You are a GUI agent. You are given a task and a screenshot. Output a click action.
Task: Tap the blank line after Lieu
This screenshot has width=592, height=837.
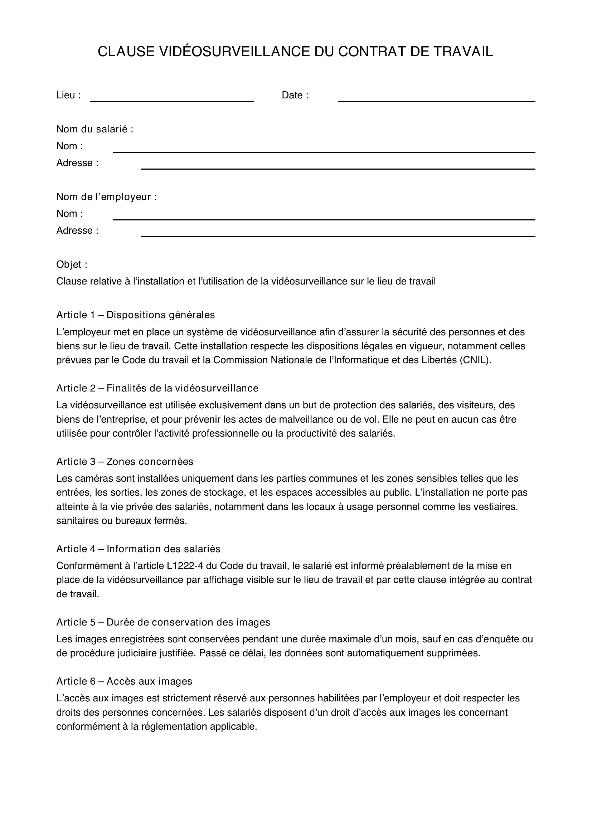[172, 100]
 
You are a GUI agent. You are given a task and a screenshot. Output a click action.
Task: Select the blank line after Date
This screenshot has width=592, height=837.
[436, 100]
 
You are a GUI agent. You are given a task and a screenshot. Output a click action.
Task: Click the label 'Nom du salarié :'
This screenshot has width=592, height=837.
[95, 129]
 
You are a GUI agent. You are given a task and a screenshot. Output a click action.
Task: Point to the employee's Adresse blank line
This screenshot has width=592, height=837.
[338, 168]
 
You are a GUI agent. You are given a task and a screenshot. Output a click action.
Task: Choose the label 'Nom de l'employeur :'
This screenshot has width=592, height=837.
[106, 197]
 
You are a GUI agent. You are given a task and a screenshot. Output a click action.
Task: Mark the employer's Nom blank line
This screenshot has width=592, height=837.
[324, 218]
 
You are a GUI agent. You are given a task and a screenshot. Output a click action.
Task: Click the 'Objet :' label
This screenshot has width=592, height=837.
[72, 264]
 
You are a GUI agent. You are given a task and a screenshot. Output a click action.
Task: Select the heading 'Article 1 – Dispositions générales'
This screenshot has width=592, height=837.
[135, 315]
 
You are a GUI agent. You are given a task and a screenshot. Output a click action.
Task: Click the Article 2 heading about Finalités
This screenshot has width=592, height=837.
[157, 388]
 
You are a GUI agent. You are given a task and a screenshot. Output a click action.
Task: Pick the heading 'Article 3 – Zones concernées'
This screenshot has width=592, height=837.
[125, 462]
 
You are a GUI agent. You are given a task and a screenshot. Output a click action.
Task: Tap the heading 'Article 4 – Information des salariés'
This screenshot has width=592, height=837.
[138, 549]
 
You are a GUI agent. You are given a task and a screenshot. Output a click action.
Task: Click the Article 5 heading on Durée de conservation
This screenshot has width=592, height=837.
[163, 622]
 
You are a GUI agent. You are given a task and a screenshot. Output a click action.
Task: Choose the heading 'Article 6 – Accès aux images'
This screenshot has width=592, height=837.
[124, 681]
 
